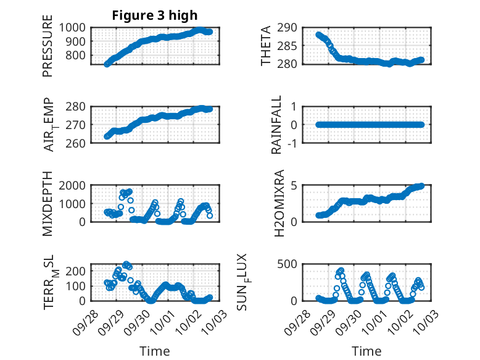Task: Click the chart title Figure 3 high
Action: pyautogui.click(x=155, y=15)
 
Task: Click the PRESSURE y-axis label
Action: pyautogui.click(x=48, y=50)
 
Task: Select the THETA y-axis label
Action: pyautogui.click(x=266, y=46)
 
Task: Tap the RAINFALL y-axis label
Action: pyautogui.click(x=277, y=125)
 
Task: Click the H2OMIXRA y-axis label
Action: pyautogui.click(x=278, y=203)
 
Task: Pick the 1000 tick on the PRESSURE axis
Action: pyautogui.click(x=73, y=27)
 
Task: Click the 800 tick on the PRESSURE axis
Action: pyautogui.click(x=77, y=56)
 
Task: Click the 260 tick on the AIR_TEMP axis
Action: pyautogui.click(x=77, y=143)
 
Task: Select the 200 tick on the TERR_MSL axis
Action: pyautogui.click(x=77, y=270)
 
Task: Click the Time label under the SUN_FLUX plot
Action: pyautogui.click(x=366, y=351)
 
